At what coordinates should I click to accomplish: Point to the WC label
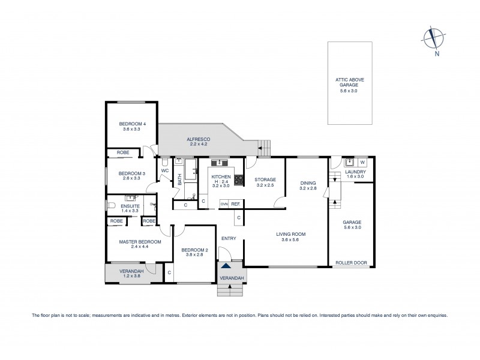pyautogui.click(x=164, y=170)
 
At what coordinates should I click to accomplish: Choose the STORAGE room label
pyautogui.click(x=265, y=179)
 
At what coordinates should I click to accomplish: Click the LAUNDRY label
pyautogui.click(x=355, y=172)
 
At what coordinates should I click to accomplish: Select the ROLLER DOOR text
pyautogui.click(x=352, y=262)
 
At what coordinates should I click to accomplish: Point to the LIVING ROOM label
pyautogui.click(x=291, y=235)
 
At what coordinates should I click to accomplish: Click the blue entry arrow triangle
pyautogui.click(x=225, y=266)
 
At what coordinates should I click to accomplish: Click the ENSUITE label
pyautogui.click(x=130, y=206)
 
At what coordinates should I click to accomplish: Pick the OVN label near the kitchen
pyautogui.click(x=224, y=204)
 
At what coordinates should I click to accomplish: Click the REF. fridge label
pyautogui.click(x=235, y=204)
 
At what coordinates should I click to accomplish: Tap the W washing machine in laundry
pyautogui.click(x=362, y=161)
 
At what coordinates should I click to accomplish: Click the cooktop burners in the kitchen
pyautogui.click(x=238, y=178)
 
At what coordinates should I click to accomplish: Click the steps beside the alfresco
pyautogui.click(x=263, y=145)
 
